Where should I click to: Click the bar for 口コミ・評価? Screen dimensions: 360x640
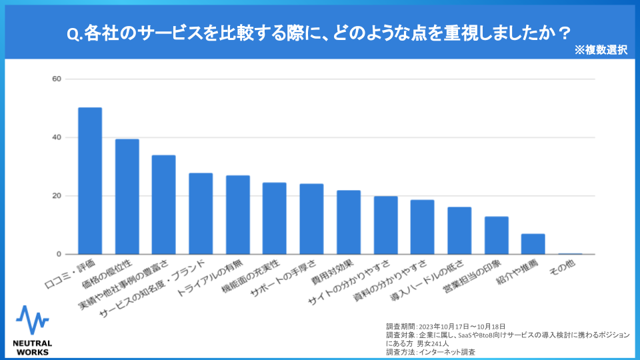(90, 181)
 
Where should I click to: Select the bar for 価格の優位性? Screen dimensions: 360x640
(127, 197)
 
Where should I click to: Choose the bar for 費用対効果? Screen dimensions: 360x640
(348, 222)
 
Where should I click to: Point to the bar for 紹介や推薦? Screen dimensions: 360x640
(533, 244)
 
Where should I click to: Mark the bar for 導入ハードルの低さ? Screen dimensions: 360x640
(459, 231)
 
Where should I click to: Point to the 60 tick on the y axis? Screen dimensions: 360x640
(57, 79)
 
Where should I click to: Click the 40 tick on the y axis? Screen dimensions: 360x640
(57, 137)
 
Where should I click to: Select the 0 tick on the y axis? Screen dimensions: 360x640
(59, 255)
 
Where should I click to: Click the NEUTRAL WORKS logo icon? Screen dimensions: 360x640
(32, 320)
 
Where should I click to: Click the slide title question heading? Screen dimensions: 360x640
(319, 31)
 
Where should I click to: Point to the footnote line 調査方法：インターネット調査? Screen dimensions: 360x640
(431, 351)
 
